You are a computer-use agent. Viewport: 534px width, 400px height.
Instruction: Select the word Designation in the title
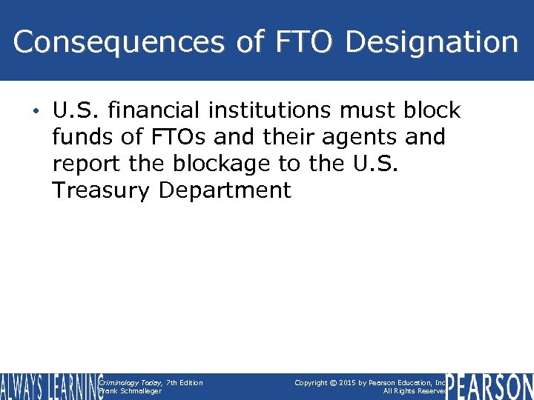(432, 42)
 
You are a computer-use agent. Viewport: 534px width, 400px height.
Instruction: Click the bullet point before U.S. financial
(37, 112)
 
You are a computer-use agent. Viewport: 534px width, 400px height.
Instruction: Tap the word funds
(82, 138)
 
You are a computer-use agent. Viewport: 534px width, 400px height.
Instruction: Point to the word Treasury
(101, 190)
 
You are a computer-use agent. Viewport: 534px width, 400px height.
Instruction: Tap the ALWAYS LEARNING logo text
(50, 386)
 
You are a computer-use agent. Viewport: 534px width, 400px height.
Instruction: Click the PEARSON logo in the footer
(489, 386)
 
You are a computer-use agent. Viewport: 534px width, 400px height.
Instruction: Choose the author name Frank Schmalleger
(130, 391)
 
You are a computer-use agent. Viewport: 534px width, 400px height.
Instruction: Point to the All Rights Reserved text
(415, 391)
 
